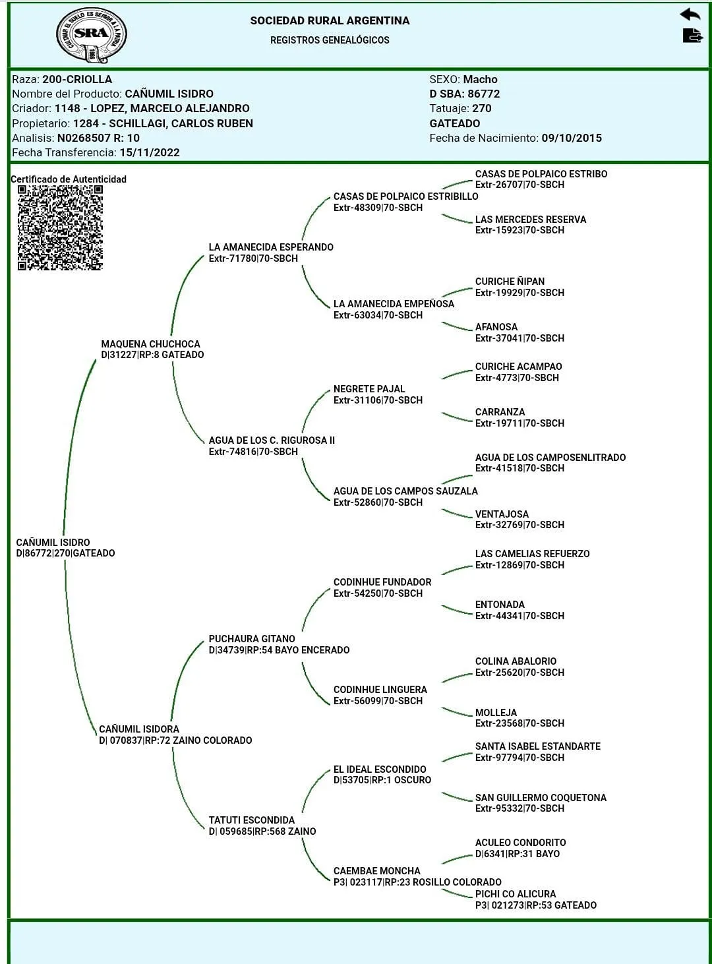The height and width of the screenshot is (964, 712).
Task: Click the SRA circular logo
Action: pyautogui.click(x=91, y=35)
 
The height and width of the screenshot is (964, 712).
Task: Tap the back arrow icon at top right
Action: pyautogui.click(x=690, y=15)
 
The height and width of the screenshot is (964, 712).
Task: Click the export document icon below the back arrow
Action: pyautogui.click(x=692, y=36)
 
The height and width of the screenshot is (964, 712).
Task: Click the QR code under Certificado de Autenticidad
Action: pyautogui.click(x=60, y=227)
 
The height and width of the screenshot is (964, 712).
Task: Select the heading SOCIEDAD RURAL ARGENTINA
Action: pyautogui.click(x=330, y=20)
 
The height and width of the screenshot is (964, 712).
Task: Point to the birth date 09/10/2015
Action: pyautogui.click(x=572, y=138)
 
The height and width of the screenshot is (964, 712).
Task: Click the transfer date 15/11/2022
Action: pyautogui.click(x=150, y=152)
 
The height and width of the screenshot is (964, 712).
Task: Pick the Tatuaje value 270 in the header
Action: pyautogui.click(x=482, y=108)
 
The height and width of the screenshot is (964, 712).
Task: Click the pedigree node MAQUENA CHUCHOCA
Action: pyautogui.click(x=150, y=344)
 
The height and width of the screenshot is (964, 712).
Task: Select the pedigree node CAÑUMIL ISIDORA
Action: pyautogui.click(x=139, y=729)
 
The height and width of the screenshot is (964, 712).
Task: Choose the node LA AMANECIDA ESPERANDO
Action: pyautogui.click(x=271, y=247)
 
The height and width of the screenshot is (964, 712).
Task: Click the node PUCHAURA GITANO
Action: pyautogui.click(x=252, y=638)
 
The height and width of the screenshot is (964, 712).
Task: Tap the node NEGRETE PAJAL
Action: pyautogui.click(x=369, y=389)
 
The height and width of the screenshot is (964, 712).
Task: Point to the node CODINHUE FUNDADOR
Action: pyautogui.click(x=382, y=582)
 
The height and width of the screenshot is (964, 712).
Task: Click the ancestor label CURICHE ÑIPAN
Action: pyautogui.click(x=510, y=282)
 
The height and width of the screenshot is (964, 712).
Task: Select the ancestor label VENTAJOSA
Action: pyautogui.click(x=502, y=514)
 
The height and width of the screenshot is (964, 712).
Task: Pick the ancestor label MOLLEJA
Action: pyautogui.click(x=496, y=713)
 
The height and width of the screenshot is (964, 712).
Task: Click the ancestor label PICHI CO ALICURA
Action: pyautogui.click(x=516, y=893)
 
